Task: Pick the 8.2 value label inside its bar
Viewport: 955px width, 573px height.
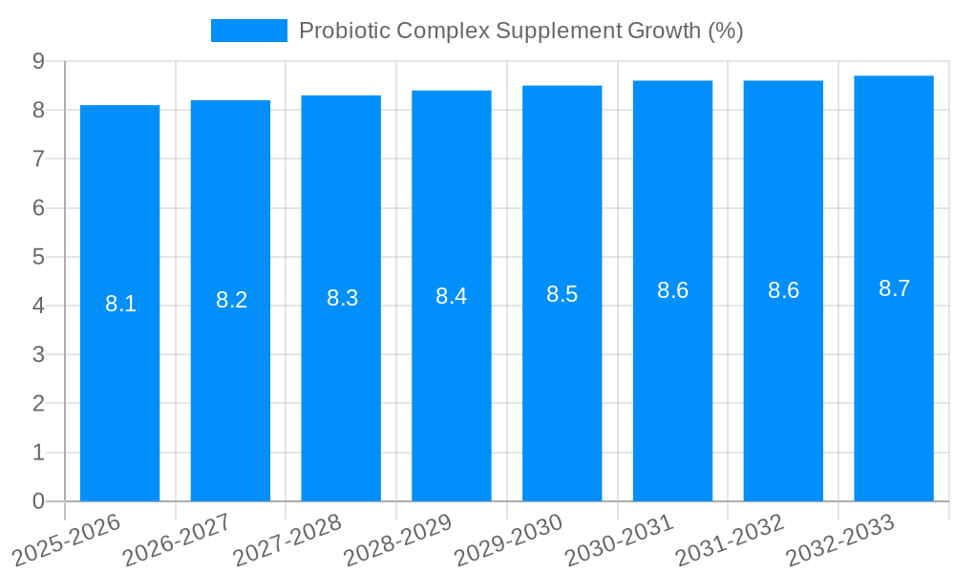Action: [x=231, y=300]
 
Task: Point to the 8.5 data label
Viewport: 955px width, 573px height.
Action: [x=562, y=294]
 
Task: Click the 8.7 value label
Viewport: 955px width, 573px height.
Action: [x=894, y=288]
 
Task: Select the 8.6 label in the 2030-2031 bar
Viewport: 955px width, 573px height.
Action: [x=672, y=290]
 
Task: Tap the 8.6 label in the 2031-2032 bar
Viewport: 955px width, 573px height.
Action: [x=783, y=290]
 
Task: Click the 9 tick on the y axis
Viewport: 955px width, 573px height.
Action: [x=38, y=61]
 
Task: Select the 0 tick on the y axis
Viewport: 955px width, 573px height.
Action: [x=38, y=501]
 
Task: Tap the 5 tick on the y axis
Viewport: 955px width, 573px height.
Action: [x=38, y=257]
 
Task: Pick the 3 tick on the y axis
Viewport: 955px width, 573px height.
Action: [x=38, y=354]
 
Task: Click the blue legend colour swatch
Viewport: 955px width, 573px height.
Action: [x=248, y=31]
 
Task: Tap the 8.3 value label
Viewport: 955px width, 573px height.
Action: [x=342, y=298]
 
